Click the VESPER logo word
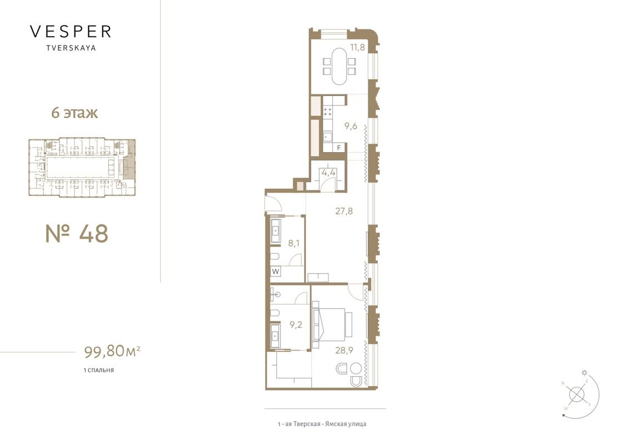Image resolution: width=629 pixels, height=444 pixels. coord(70,31)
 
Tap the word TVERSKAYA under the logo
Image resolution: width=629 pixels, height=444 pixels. coord(71,48)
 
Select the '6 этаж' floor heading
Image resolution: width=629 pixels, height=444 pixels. coord(74,113)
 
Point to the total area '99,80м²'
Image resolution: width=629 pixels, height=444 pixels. coord(112,351)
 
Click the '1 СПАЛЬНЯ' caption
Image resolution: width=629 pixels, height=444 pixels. coord(99,370)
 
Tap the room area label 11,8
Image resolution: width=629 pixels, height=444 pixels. coord(357,47)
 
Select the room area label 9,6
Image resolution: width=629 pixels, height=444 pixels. coord(351,126)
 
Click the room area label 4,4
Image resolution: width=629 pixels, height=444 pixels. coord(328,173)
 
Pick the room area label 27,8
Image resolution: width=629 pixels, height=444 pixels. coord(344,211)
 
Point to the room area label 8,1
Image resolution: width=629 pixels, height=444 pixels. coord(293,243)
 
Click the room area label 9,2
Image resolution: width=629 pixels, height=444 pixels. coord(296,325)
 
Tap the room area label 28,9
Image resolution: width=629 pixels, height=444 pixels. coord(344,350)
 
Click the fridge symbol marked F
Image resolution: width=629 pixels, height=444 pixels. coord(339,148)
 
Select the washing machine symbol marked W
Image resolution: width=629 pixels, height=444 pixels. coord(276,271)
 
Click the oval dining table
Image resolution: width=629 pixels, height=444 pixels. coord(340,67)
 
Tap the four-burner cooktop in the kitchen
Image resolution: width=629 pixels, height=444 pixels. coord(327,112)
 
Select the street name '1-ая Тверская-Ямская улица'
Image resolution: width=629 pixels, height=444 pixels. coord(322,423)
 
